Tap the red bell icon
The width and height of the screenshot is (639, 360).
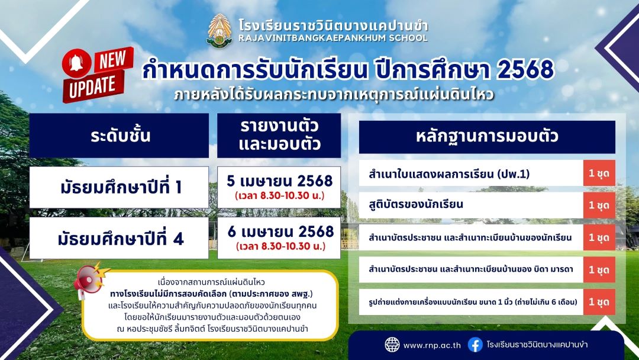tap(76, 63)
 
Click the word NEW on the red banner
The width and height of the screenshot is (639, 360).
tap(113, 60)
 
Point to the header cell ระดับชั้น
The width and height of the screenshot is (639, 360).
tap(119, 136)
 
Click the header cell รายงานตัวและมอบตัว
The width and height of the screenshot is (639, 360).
tap(279, 136)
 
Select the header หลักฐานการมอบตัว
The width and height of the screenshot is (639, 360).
tap(487, 137)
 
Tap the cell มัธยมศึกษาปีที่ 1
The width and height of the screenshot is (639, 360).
tap(119, 187)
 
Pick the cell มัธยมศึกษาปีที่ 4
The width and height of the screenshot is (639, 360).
tap(119, 238)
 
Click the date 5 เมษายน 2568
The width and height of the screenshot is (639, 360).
tap(279, 181)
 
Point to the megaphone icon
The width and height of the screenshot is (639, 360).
tap(90, 279)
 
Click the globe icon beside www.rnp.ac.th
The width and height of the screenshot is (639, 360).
tap(392, 345)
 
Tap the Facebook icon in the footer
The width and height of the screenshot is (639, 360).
tap(475, 345)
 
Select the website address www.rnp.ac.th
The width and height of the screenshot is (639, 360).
tap(432, 345)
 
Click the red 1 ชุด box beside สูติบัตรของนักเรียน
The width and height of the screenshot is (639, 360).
tap(599, 205)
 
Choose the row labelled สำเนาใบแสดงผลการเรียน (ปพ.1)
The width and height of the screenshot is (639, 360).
tap(471, 173)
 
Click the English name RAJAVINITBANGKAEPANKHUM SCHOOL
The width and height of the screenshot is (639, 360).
tap(333, 38)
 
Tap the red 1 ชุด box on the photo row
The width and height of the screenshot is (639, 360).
tap(599, 302)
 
